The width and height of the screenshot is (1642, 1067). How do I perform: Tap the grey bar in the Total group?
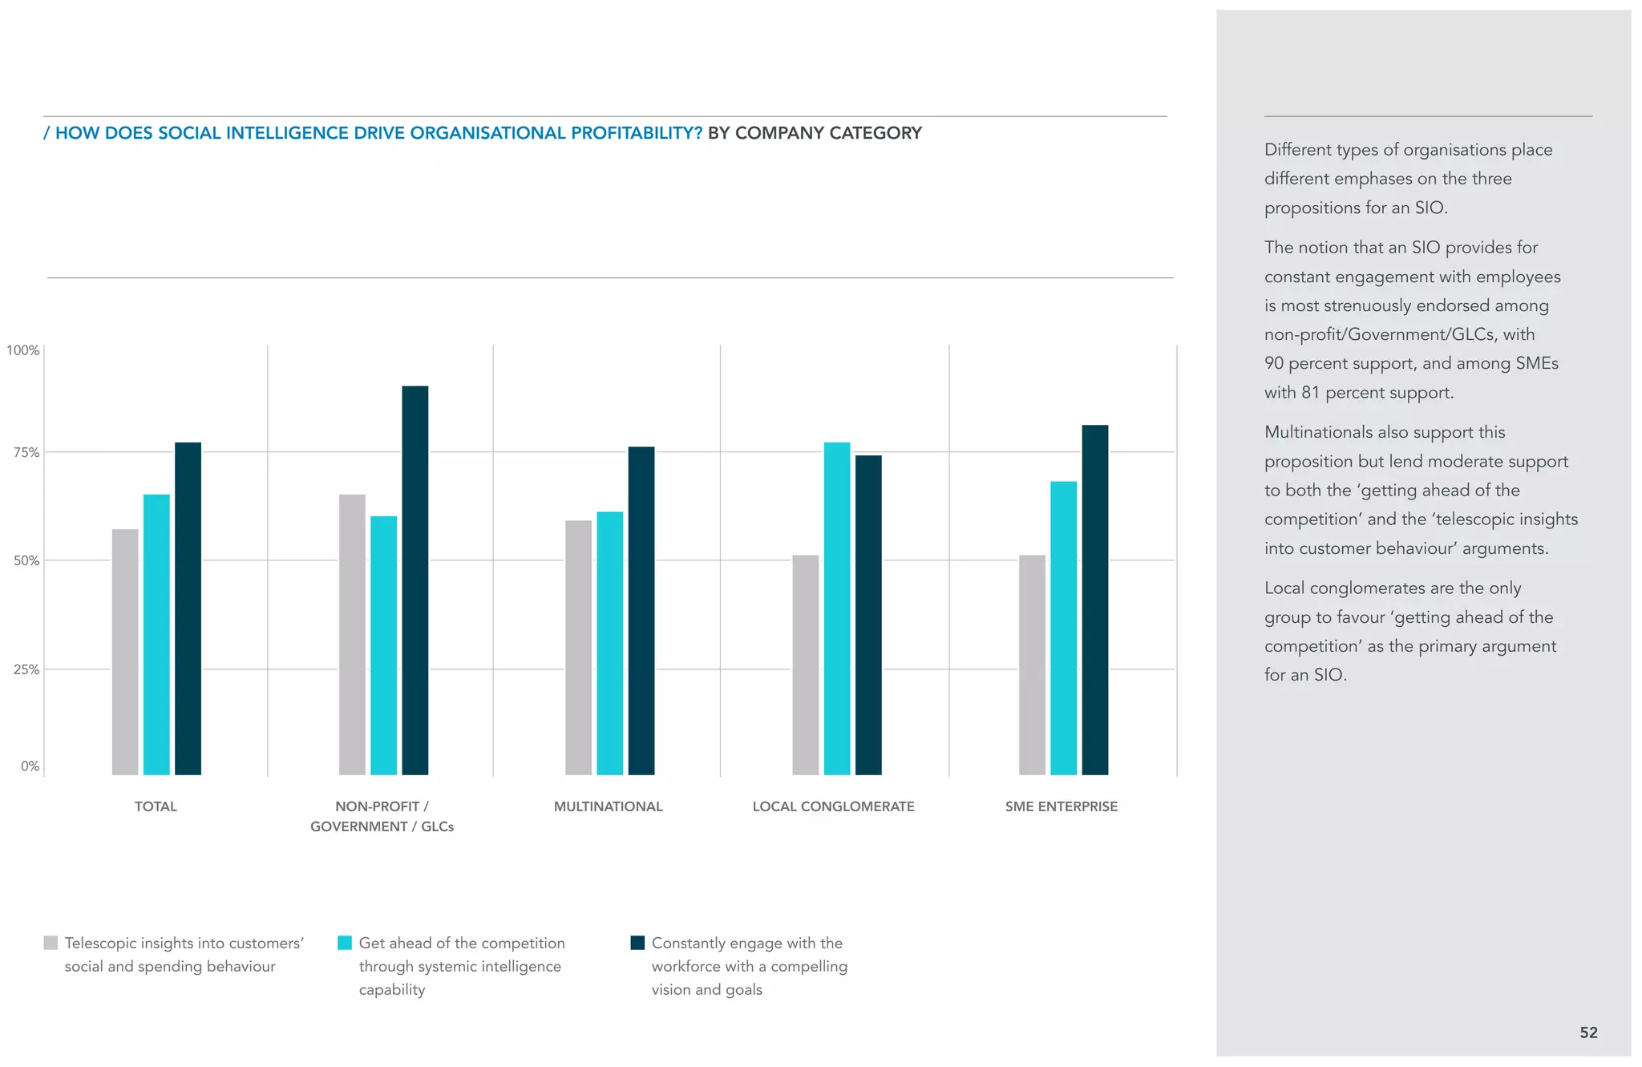tap(125, 651)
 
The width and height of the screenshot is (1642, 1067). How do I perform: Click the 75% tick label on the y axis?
tap(26, 453)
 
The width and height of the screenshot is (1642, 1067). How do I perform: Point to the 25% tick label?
tap(26, 669)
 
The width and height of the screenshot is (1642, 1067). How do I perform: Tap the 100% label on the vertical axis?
tap(23, 350)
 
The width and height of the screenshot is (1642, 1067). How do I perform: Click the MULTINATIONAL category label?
tap(608, 806)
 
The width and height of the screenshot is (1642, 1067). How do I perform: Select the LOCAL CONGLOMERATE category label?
tap(833, 806)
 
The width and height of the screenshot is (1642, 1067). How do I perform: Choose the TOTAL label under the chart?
tap(156, 806)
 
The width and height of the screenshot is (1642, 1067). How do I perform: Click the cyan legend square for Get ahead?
tap(345, 943)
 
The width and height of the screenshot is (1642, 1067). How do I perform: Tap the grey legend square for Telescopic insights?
tap(51, 943)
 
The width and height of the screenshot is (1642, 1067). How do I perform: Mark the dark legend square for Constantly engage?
tap(637, 943)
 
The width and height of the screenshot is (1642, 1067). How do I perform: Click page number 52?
tap(1588, 1033)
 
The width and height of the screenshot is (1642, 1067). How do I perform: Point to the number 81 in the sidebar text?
tap(1310, 393)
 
